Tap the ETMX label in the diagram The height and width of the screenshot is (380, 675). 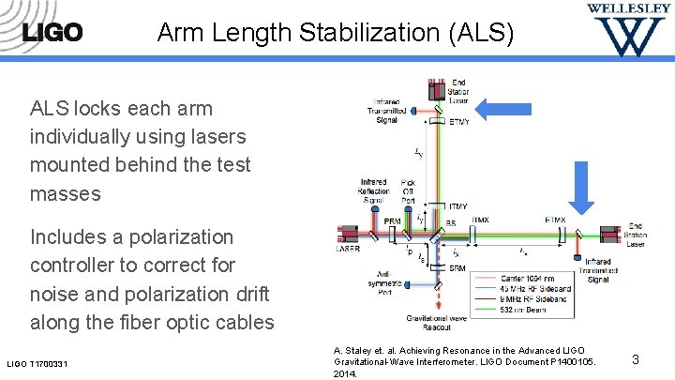tap(555, 220)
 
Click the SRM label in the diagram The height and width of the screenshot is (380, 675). tap(457, 268)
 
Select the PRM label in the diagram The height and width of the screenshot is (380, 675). tap(393, 220)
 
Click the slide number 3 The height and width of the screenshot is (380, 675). tap(635, 358)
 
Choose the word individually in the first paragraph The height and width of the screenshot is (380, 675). tap(85, 137)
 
